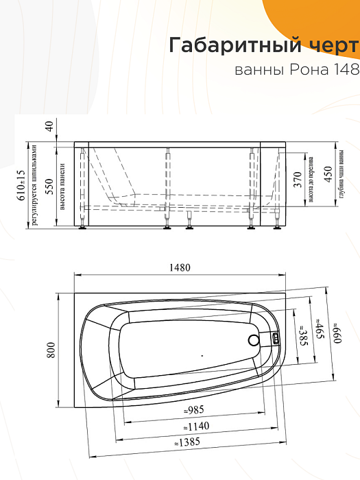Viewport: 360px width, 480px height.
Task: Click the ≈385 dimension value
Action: click(300, 335)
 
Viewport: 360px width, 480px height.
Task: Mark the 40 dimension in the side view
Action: click(49, 126)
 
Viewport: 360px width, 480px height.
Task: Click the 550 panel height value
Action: click(49, 186)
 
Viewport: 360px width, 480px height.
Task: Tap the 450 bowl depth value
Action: click(328, 175)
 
